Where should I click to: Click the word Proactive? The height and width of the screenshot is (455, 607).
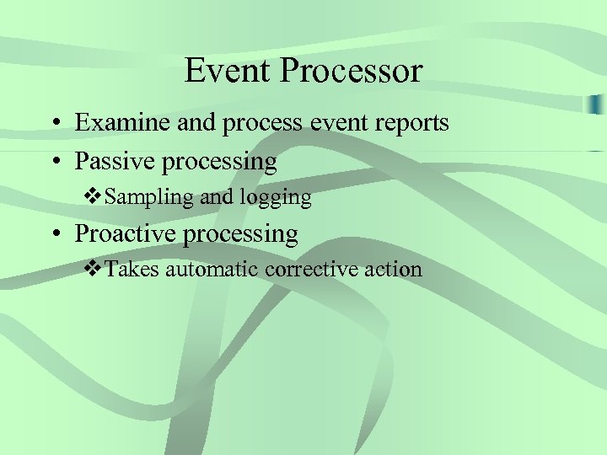(123, 233)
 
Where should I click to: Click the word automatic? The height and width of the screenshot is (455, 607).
(212, 270)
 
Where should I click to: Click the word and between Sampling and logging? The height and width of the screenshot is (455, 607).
(218, 197)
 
